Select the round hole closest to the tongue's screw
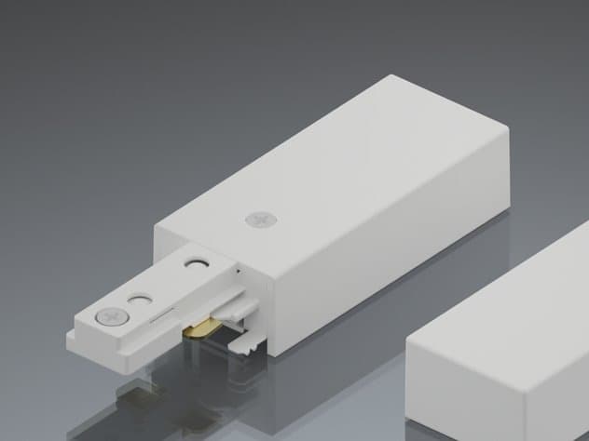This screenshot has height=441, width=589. click(140, 301)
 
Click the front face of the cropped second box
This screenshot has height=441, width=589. click(485, 391)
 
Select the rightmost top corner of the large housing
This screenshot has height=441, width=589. click(508, 129)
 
